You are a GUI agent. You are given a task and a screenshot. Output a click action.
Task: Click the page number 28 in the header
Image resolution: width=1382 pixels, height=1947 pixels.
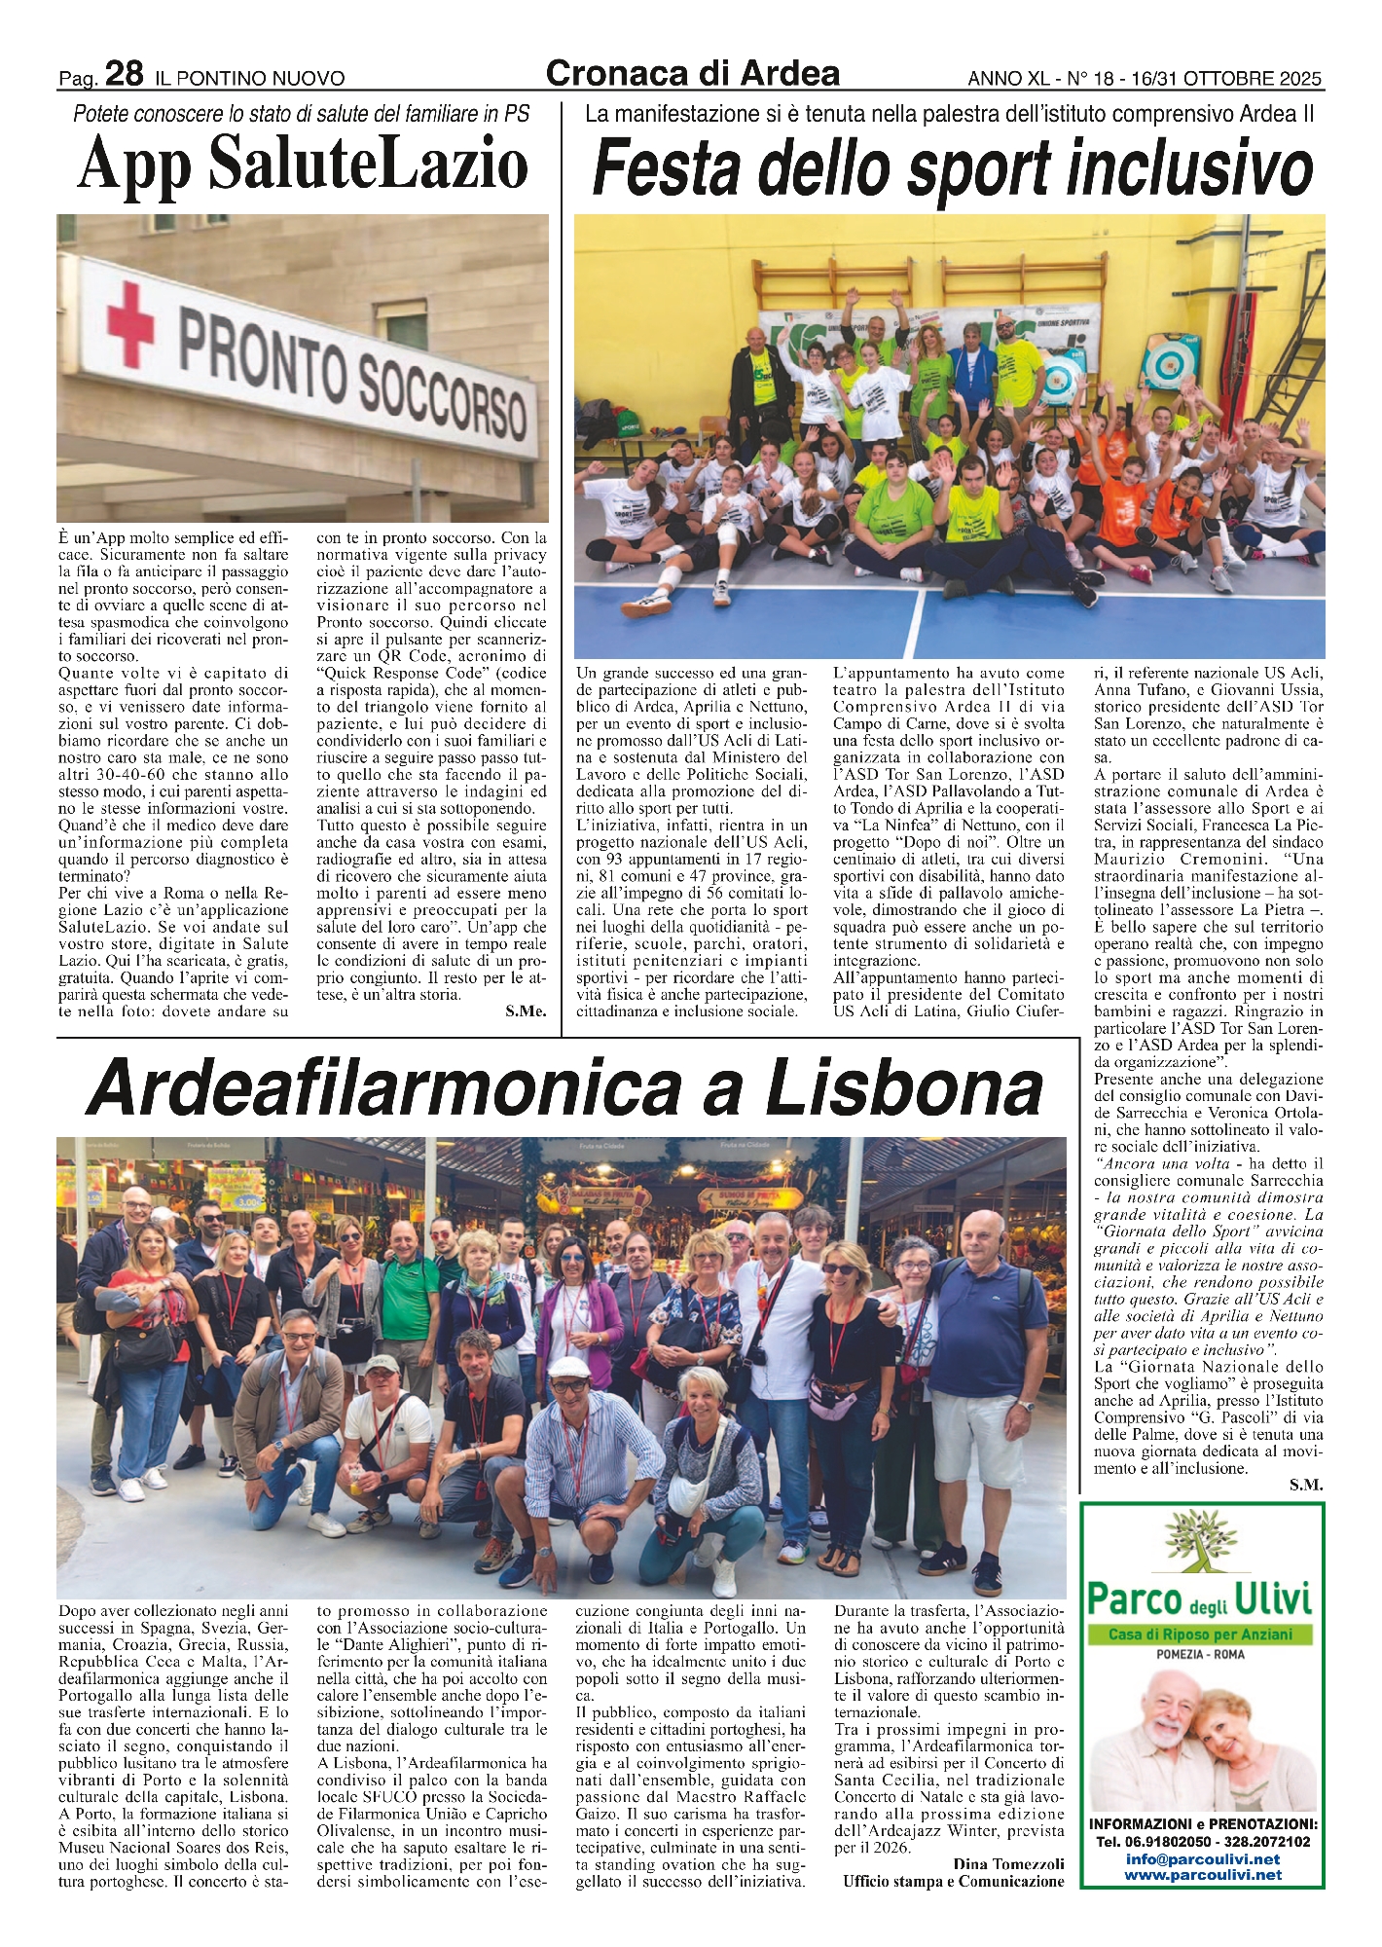[x=125, y=74]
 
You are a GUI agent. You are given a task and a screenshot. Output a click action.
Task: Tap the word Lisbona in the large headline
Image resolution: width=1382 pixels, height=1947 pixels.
[x=905, y=1087]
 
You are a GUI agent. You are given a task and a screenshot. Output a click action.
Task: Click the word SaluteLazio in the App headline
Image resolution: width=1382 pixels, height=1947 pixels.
[x=369, y=165]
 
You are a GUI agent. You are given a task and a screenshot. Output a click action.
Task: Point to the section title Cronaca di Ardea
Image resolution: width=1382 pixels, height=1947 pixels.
[x=693, y=73]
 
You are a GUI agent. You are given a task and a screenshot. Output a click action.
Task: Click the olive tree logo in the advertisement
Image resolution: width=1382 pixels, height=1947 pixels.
[x=1200, y=1549]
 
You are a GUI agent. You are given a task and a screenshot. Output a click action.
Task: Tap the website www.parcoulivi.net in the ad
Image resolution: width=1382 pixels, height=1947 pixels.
[x=1203, y=1874]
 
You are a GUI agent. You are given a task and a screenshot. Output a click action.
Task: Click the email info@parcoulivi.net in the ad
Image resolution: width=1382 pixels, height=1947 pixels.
[x=1203, y=1858]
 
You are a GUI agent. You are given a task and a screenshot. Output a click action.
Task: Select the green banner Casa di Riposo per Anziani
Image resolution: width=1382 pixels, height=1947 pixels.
[x=1203, y=1634]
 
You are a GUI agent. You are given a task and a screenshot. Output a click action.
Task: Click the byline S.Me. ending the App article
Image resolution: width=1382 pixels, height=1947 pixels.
[x=526, y=1011]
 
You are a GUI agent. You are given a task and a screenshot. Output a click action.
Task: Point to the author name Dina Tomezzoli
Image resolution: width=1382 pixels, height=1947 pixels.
[x=1009, y=1863]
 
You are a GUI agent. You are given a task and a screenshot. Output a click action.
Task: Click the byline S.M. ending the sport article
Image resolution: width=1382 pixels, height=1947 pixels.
[x=1306, y=1485]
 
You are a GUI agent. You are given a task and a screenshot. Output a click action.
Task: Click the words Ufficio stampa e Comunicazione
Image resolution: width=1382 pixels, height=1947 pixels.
[x=953, y=1881]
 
